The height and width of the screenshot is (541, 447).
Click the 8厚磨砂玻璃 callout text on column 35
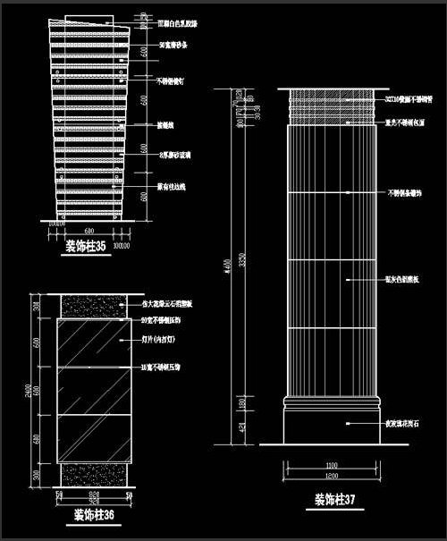pyautogui.click(x=173, y=154)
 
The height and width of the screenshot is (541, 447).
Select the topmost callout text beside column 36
pyautogui.click(x=173, y=305)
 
